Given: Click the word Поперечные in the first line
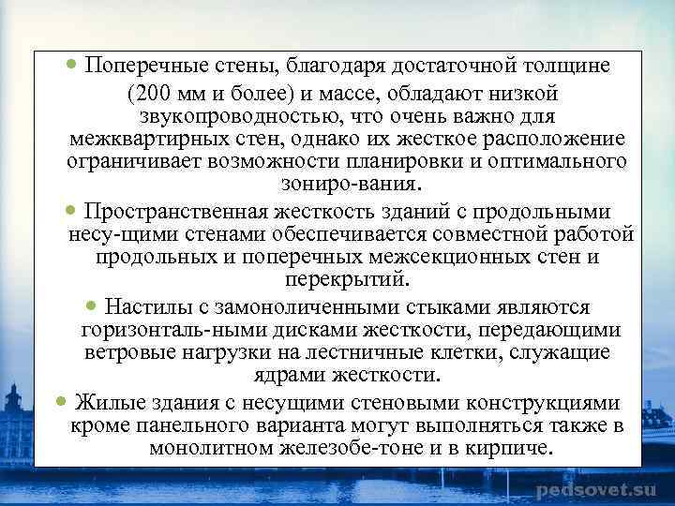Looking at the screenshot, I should coord(142,67).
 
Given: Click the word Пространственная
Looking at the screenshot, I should coord(175,210).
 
